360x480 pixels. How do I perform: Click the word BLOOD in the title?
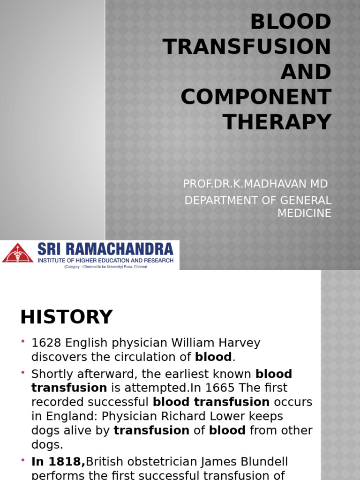coord(291,22)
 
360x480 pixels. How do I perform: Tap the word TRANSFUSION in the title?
coord(247,47)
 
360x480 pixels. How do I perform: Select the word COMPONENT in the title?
coord(256,97)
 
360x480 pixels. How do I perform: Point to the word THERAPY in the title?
coord(277,122)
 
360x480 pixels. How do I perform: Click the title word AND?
coord(306,72)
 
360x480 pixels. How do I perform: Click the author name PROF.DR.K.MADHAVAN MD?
coord(255,184)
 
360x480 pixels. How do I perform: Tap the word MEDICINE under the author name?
coord(304,213)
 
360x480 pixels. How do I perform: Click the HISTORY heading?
coord(66,317)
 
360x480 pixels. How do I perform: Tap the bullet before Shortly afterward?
coord(23,372)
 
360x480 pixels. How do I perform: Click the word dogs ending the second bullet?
coord(46,444)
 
